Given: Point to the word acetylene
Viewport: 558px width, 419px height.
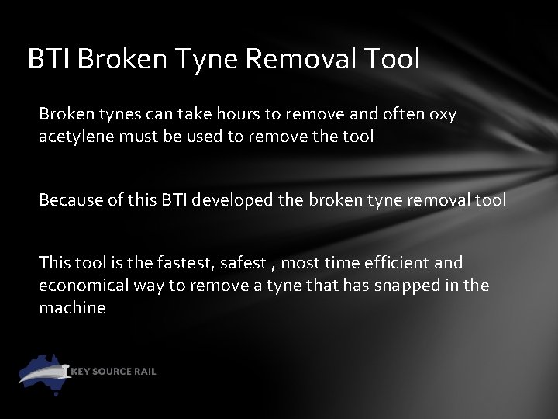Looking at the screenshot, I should [x=75, y=137].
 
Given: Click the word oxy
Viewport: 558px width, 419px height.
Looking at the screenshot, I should [x=443, y=115].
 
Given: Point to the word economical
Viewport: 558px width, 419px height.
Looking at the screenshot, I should [x=84, y=286].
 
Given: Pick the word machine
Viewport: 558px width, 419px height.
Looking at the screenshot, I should [x=72, y=308].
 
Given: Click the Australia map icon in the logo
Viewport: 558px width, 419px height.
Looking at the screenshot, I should [x=45, y=372].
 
